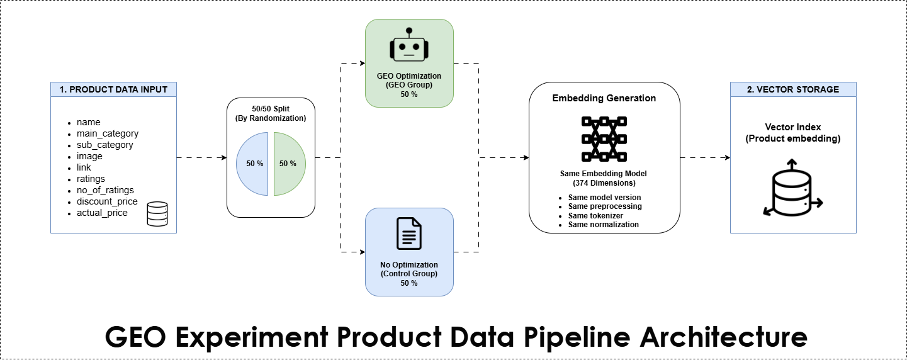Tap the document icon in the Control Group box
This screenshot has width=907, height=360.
coord(409,233)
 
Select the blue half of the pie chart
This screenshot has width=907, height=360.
coord(252,164)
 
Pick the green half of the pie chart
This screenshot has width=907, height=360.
coord(290,164)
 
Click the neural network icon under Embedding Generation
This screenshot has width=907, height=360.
coord(604,139)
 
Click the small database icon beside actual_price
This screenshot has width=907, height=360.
coord(157,214)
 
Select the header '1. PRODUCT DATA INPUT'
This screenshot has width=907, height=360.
coord(113,89)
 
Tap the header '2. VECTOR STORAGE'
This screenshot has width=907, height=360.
coord(793,89)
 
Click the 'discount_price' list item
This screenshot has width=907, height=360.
coord(107,201)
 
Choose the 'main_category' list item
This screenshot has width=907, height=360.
coord(107,133)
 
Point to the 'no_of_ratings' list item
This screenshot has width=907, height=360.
coord(105,190)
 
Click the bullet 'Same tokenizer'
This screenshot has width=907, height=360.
coord(595,215)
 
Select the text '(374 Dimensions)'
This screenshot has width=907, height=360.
coord(604,183)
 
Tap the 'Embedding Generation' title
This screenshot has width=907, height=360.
coord(604,98)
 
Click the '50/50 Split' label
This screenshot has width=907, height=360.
coord(271,108)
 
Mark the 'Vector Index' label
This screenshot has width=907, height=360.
coord(793,127)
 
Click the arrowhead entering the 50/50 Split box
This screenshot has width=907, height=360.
coord(224,157)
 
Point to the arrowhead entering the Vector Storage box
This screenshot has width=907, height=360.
coord(728,157)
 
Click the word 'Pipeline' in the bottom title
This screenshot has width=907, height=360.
coord(577,337)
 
